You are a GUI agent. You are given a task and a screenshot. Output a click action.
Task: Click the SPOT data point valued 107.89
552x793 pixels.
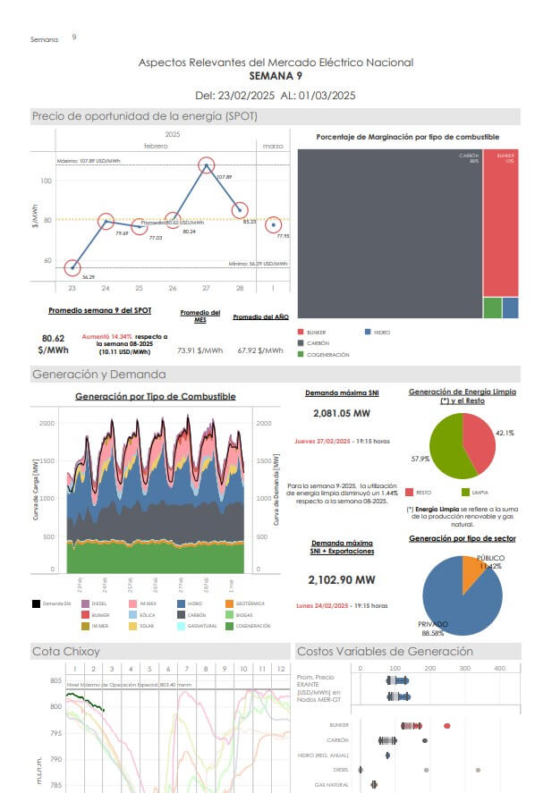pos(207,165)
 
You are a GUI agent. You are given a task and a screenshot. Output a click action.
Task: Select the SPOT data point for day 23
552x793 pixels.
pos(72,267)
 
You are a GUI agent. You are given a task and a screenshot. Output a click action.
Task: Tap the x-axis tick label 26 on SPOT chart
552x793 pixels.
pos(173,288)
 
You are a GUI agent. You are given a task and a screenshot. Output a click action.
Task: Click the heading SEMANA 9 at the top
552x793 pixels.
pos(276,76)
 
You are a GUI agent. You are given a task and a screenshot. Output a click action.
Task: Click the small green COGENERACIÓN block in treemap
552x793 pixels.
pos(492,308)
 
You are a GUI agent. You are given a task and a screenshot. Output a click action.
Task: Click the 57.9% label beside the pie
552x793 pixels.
pos(420,459)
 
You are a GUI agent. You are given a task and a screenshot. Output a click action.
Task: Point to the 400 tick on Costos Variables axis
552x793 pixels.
pos(499,669)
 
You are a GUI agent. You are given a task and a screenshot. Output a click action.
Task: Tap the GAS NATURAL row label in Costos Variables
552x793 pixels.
pos(332,784)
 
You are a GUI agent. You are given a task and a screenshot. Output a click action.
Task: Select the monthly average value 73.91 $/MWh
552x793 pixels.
pos(200,350)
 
